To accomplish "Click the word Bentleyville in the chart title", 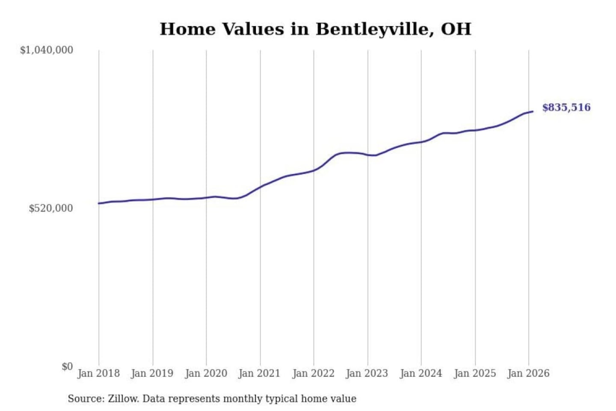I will [x=371, y=29].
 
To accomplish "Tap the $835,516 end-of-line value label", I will [x=566, y=107].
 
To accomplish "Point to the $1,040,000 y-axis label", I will [x=47, y=50].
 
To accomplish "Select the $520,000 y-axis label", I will [x=51, y=208].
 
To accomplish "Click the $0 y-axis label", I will [x=67, y=366].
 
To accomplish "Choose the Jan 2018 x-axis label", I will [x=98, y=373].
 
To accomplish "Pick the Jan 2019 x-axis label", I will [x=152, y=373].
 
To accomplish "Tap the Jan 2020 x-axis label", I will [x=206, y=373].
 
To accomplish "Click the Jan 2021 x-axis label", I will [x=259, y=373].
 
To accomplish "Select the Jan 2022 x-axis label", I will [x=313, y=373].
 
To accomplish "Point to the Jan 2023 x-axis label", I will [x=367, y=373].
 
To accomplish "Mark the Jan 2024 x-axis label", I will [x=421, y=373].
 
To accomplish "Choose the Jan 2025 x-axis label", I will [x=474, y=373].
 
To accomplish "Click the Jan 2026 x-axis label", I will [x=528, y=373].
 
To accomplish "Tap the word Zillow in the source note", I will [x=123, y=399].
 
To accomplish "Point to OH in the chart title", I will [x=456, y=29].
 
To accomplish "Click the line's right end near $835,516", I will [x=533, y=111].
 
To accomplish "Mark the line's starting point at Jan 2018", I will [x=99, y=203].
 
